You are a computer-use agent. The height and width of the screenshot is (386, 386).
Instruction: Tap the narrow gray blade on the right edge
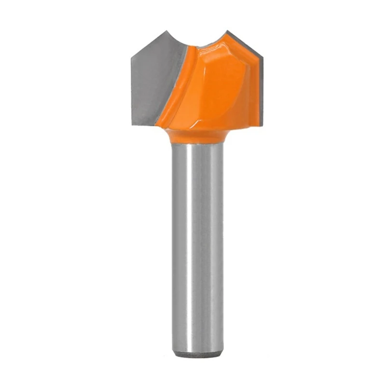point(260,92)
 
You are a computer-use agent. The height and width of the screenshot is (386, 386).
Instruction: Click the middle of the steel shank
point(197,241)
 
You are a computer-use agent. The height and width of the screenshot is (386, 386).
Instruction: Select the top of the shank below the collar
point(197,147)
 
